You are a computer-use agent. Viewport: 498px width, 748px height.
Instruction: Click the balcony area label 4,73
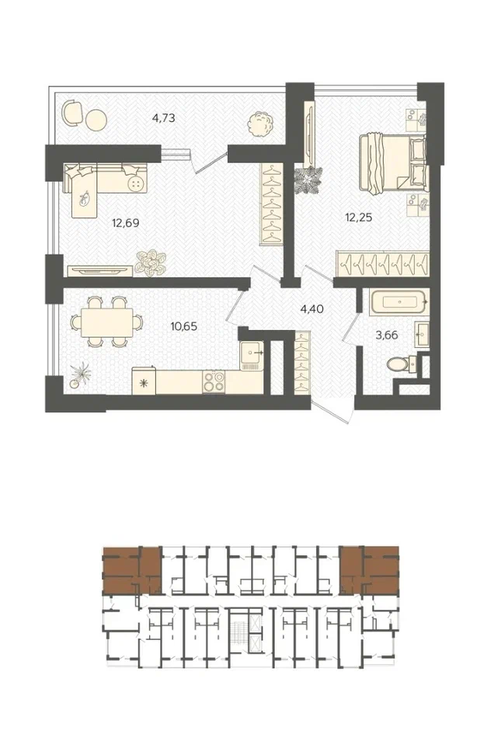point(164,118)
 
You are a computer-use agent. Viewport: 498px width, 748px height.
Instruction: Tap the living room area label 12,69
point(126,223)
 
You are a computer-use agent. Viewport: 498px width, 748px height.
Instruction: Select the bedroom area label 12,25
point(359,217)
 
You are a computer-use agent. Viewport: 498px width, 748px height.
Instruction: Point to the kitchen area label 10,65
point(183,327)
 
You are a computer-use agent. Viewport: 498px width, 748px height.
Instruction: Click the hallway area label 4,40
point(312,309)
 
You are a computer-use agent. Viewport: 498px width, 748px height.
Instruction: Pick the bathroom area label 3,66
point(387,336)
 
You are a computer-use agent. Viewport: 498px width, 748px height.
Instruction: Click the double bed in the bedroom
point(392,163)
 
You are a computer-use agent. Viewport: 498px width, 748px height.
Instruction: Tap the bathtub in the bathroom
point(400,301)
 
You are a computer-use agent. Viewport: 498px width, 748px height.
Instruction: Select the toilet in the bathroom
point(401,365)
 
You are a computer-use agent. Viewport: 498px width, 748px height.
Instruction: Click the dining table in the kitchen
point(107,322)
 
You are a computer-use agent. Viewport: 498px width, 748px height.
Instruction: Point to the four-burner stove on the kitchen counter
point(214,381)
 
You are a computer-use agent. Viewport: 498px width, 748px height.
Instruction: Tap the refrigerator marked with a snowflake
point(144,381)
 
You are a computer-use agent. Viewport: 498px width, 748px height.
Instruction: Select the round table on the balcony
point(96,120)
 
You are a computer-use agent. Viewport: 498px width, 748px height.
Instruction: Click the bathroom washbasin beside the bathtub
point(422,335)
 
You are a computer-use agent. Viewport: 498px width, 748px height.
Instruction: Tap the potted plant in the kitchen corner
point(80,375)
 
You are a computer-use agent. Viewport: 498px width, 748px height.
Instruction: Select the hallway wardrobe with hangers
point(302,363)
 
